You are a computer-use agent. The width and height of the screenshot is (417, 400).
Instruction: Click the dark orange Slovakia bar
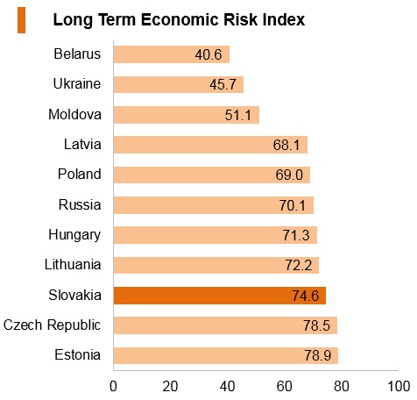(220, 296)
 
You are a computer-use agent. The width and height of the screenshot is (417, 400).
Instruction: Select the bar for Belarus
(172, 54)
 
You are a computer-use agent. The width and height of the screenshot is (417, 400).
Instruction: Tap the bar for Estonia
(226, 355)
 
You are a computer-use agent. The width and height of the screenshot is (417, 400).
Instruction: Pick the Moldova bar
(187, 115)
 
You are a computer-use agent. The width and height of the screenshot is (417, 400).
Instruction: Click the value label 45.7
(223, 85)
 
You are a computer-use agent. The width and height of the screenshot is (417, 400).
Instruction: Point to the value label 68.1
(286, 145)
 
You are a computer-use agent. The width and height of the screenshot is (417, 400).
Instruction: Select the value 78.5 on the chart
(316, 325)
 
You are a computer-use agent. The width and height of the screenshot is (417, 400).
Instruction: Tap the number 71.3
(296, 235)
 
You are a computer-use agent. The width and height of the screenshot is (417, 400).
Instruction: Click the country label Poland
(80, 174)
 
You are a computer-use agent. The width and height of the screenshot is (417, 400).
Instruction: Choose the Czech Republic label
(52, 325)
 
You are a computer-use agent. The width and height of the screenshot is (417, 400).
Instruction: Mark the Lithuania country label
(73, 264)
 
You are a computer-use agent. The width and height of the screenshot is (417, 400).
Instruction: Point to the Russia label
(80, 204)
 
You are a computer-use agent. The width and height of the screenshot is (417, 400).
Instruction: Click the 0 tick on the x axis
(113, 386)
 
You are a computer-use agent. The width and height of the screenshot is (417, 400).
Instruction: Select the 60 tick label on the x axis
(285, 386)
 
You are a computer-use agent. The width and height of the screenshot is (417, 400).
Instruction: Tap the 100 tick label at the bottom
(399, 386)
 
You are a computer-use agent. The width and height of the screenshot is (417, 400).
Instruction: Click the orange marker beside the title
(21, 20)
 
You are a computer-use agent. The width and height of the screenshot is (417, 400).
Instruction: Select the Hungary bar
(216, 235)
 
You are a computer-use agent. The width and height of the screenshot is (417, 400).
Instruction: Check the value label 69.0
(289, 175)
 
